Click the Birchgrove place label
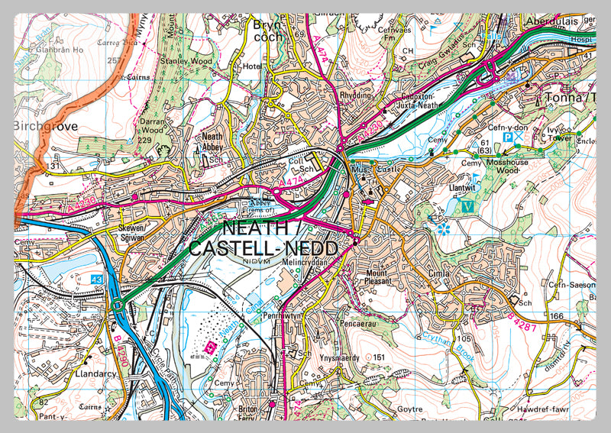coord(46,127)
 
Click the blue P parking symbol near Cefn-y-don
coord(507,137)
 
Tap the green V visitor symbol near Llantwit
coord(467,205)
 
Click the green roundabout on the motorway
coord(118,306)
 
